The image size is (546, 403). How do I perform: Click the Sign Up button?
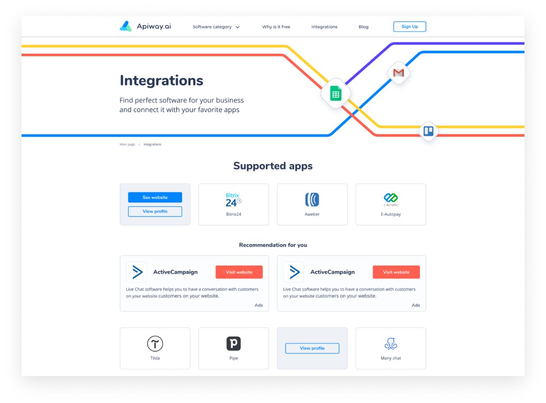410,27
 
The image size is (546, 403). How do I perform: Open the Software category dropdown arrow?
237,27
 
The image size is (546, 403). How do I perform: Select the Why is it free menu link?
276,27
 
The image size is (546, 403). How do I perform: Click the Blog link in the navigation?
363,27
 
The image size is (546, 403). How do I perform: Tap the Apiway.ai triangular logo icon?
126,27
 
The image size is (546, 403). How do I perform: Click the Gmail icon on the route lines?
398,73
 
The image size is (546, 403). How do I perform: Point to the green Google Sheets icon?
336,93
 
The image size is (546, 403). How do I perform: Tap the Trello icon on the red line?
428,131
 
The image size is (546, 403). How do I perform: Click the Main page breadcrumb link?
127,144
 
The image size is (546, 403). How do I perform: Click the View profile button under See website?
155,212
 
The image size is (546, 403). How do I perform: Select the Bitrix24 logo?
233,200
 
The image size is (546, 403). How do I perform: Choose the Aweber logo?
312,199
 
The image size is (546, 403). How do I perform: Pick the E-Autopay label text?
391,214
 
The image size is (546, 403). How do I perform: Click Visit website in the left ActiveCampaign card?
239,272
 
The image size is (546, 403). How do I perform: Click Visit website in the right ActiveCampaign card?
396,272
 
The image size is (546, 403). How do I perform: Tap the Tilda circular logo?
155,344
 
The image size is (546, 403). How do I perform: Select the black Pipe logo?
233,343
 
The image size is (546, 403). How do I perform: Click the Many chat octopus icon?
391,344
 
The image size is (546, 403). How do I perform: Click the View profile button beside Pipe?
312,348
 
